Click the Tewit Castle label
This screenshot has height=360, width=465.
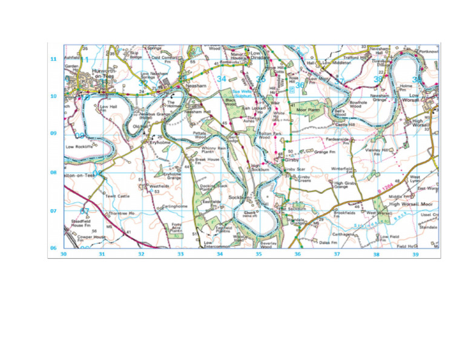pyautogui.click(x=117, y=196)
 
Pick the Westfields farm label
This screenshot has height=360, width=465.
pyautogui.click(x=159, y=186)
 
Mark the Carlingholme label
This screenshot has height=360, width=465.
pyautogui.click(x=176, y=206)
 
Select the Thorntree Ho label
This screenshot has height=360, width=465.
pyautogui.click(x=122, y=213)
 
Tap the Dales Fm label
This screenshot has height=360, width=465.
pyautogui.click(x=328, y=242)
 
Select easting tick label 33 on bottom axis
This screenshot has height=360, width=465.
pyautogui.click(x=180, y=255)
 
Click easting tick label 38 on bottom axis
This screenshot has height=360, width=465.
pyautogui.click(x=376, y=255)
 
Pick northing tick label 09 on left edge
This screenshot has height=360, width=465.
pyautogui.click(x=53, y=133)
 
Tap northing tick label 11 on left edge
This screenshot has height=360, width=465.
pyautogui.click(x=53, y=59)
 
